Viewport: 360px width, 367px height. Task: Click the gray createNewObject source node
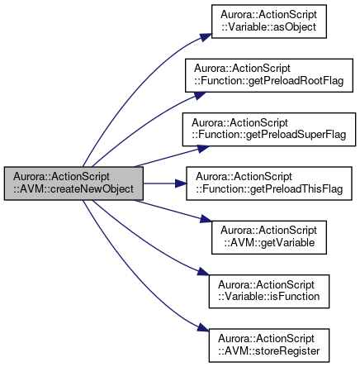pos(73,183)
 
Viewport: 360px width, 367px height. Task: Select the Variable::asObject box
pos(269,21)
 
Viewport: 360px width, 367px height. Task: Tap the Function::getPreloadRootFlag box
pos(269,75)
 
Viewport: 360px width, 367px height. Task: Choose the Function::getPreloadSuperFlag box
pos(269,129)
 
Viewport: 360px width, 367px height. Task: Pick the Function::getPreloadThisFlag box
pos(269,183)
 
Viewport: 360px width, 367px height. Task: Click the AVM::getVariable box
pos(269,237)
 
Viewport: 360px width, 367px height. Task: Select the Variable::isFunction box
pos(269,291)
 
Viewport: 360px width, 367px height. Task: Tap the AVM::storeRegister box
pos(269,346)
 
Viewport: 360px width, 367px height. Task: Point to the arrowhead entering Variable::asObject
pos(206,37)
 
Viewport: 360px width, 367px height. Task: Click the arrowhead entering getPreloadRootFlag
pos(201,95)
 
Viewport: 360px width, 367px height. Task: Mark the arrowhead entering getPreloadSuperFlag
pos(204,148)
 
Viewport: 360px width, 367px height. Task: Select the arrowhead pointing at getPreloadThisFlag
pos(181,183)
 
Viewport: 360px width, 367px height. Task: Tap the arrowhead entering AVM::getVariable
pos(206,219)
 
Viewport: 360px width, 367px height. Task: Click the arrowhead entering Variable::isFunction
pos(204,272)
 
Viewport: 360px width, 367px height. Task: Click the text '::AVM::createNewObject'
pos(73,189)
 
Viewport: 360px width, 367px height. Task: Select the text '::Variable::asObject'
pos(268,27)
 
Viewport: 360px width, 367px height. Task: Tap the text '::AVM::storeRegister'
pos(269,351)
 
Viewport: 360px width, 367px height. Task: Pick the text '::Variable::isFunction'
pos(269,297)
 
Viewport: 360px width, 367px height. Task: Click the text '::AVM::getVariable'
pos(269,243)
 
